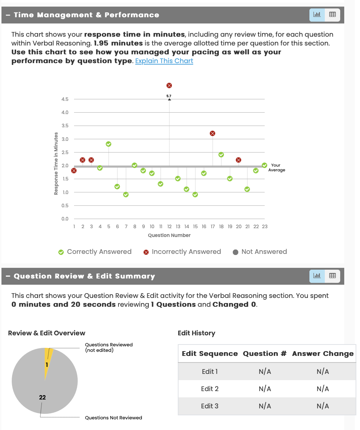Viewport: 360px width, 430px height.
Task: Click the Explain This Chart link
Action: (164, 61)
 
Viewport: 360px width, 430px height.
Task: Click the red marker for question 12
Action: (169, 85)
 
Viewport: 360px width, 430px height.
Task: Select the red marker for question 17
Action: (212, 133)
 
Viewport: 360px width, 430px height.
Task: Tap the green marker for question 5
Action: (109, 144)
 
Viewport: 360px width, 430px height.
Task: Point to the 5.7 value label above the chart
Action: (169, 96)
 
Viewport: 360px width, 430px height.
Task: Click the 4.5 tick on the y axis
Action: (65, 99)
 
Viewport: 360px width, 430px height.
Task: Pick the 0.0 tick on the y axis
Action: (65, 219)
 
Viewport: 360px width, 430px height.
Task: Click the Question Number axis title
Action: (169, 235)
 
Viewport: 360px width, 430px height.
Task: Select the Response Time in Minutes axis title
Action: (56, 164)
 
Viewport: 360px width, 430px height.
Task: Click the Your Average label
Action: (276, 168)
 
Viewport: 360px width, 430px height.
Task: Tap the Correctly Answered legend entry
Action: (95, 252)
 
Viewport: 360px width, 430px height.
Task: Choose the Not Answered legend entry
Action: (260, 252)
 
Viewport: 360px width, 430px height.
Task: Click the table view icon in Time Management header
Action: (333, 15)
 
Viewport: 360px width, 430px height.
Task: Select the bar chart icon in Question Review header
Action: (317, 276)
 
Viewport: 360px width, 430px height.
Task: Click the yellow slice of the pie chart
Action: (48, 358)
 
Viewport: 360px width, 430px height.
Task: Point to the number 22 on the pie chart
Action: (43, 397)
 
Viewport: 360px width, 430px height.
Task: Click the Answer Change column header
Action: (323, 354)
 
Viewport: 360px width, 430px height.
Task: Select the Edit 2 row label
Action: (210, 389)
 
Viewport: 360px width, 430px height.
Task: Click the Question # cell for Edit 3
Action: (265, 406)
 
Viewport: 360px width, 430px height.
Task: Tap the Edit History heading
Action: (196, 333)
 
